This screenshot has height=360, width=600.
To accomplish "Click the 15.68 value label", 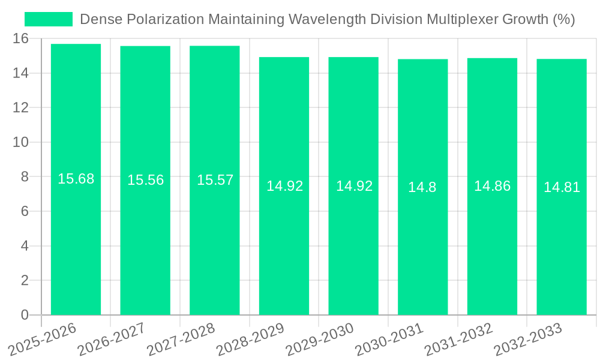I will [x=76, y=179].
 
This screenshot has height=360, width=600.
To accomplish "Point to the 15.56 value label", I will [x=145, y=180].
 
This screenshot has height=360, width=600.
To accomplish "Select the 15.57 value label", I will [x=215, y=180].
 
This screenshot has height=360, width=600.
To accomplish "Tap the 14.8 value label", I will [x=422, y=187].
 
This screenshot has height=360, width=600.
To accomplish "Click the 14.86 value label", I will [x=492, y=186].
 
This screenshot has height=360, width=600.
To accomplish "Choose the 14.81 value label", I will [x=562, y=187].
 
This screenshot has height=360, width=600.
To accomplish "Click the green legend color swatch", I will [x=48, y=19].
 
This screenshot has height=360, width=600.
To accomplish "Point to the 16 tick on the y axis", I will [x=20, y=38].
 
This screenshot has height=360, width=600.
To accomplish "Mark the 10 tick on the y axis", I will [x=20, y=142].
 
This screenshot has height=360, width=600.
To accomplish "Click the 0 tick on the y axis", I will [x=25, y=315].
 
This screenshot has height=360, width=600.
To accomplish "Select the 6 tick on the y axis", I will [x=25, y=211].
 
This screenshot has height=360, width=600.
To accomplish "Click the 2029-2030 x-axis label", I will [x=319, y=340].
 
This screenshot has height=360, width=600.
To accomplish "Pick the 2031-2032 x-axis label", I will [x=458, y=340].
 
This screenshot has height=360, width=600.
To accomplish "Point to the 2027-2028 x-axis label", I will [x=181, y=340].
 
